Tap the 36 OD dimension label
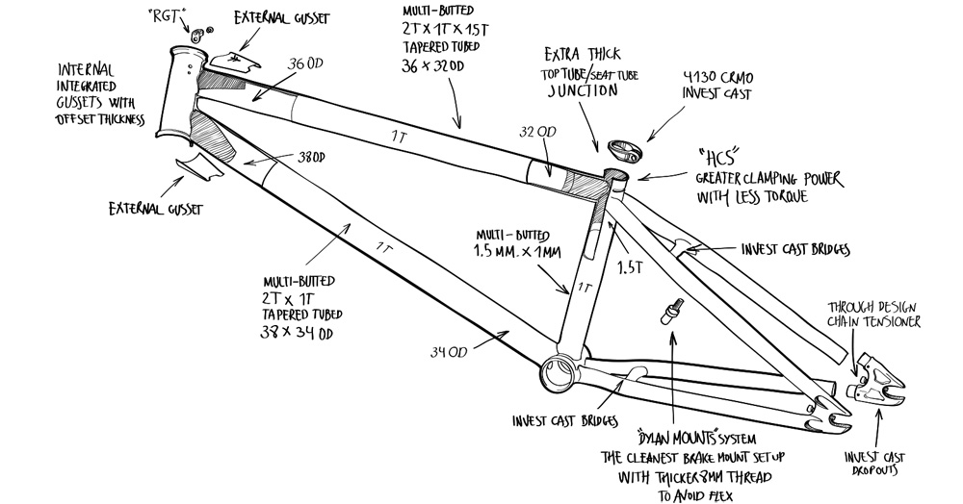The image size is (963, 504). pos(302,64)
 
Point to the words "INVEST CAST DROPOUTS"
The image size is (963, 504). pos(875,464)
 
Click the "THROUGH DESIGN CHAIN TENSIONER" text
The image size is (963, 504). pos(875,315)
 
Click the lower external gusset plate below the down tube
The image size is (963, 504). pos(198,164)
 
